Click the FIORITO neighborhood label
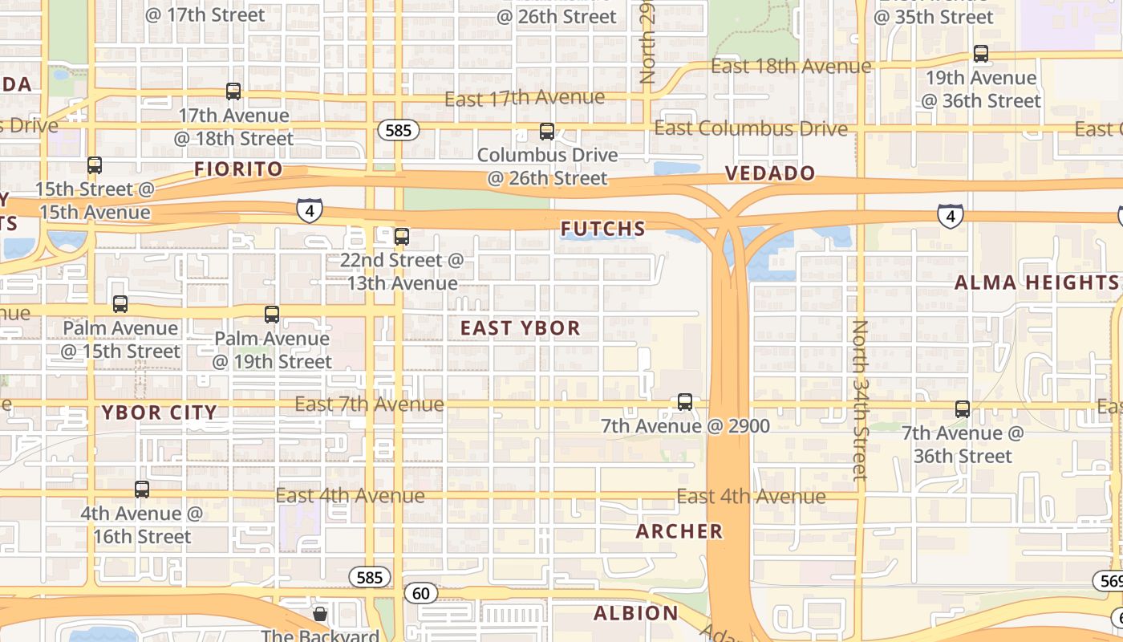pos(239,169)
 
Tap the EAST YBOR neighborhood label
pos(520,328)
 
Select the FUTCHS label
pos(603,230)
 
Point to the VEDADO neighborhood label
pos(770,173)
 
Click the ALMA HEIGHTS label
pos(1036,282)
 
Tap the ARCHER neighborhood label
pos(679,531)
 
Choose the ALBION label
pos(636,614)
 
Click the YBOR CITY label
pos(160,413)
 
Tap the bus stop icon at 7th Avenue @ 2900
pos(685,402)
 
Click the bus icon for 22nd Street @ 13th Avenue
pos(402,237)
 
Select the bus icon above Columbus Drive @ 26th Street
pos(547,131)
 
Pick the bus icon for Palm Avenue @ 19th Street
pos(272,315)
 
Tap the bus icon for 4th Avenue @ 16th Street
pos(142,489)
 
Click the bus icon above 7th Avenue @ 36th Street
pos(963,409)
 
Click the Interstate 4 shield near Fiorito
pos(310,210)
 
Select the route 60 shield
pos(421,594)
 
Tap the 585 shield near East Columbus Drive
pos(399,130)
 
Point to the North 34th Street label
pos(860,400)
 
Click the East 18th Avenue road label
pos(791,67)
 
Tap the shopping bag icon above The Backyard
pos(320,615)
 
